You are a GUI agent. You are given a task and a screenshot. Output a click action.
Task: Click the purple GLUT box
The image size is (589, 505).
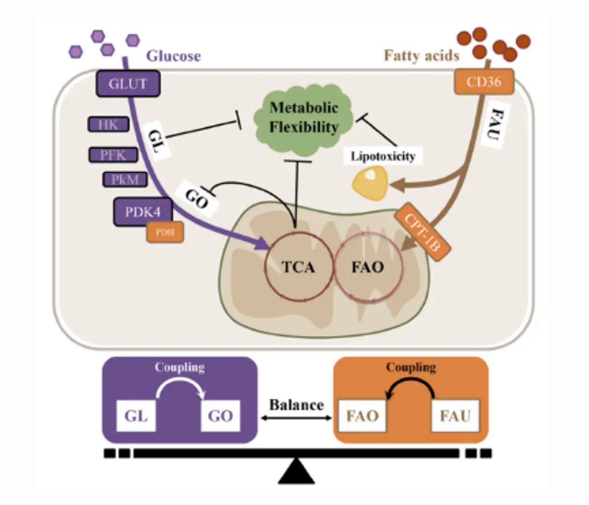point(128,84)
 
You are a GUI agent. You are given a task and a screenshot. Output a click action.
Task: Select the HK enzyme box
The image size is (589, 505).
point(108,124)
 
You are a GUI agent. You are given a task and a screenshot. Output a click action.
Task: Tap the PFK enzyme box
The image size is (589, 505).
point(113,155)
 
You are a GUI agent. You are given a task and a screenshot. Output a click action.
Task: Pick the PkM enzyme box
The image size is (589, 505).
point(125,180)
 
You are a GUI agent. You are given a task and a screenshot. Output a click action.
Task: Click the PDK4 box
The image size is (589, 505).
point(143,212)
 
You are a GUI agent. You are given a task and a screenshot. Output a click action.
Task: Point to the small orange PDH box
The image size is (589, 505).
point(165,232)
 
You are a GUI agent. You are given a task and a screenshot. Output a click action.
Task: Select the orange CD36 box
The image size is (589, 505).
point(484,82)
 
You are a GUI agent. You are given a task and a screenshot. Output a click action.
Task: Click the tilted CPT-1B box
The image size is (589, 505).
point(423,232)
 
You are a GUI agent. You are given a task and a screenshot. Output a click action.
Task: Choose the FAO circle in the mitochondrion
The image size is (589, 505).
point(368,267)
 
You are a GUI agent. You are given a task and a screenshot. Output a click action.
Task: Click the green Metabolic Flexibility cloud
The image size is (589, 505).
point(304,118)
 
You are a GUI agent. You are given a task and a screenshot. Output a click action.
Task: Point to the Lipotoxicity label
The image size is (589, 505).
point(383,156)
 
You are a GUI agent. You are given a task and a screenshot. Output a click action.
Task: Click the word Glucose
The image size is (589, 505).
point(173,56)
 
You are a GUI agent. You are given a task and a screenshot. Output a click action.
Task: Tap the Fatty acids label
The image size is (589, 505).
point(421,56)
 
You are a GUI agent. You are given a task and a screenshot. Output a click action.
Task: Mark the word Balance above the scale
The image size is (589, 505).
point(296,404)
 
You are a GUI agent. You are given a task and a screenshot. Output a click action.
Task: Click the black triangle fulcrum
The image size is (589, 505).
point(296,471)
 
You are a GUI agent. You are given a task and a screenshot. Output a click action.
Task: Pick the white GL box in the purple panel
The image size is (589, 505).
point(136,415)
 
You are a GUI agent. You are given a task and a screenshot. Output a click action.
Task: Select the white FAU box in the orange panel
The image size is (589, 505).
point(455,415)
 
